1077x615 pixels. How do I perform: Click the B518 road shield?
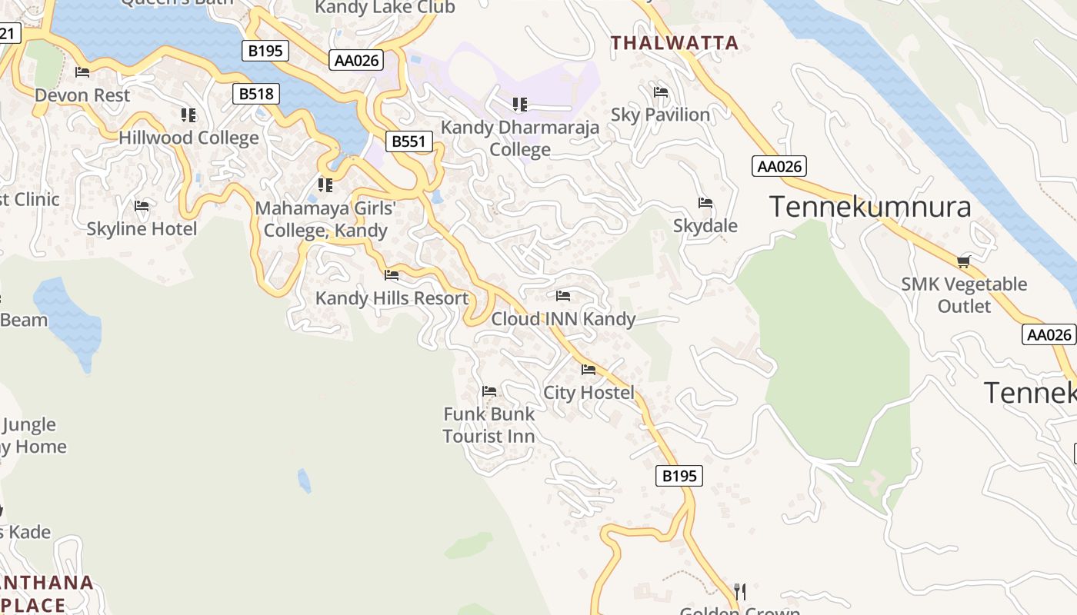pos(256,94)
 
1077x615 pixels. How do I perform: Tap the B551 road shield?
pos(408,141)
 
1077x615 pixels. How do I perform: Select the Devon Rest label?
pos(82,95)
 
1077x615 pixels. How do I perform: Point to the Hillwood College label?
pos(188,138)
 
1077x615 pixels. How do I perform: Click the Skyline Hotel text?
pos(142,228)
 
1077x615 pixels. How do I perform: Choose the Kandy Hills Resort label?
pos(392,298)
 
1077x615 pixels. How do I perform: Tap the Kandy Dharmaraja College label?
pos(520,138)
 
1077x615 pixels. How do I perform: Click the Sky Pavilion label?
pos(660,115)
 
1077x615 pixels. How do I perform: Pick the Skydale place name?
pos(705,225)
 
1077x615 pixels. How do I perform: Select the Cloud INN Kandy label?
pos(563,318)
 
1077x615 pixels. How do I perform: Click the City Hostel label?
pos(589,392)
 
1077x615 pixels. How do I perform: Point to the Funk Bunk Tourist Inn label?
pos(488,424)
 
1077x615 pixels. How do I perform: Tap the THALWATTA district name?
pos(675,43)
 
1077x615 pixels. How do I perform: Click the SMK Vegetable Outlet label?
pos(963,294)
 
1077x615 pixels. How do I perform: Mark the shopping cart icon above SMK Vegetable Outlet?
pos(963,261)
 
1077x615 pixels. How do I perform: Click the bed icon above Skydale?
pos(705,203)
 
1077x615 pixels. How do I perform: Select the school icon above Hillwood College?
pos(188,115)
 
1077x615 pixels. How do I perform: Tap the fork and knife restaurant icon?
pos(740,591)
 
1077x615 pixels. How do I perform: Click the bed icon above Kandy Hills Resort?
pos(392,274)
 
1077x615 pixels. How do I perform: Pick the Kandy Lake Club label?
pos(385,8)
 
